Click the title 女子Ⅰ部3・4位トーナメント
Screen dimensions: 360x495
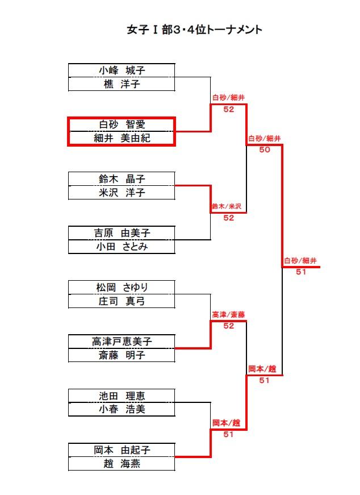pyautogui.click(x=194, y=30)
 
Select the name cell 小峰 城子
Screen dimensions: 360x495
pyautogui.click(x=122, y=70)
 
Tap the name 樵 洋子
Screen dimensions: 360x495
pyautogui.click(x=122, y=84)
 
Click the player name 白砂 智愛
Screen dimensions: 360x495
pyautogui.click(x=122, y=124)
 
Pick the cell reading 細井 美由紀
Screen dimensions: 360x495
pyautogui.click(x=122, y=138)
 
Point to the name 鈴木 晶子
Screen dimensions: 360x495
pyautogui.click(x=122, y=178)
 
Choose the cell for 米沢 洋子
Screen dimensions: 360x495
pyautogui.click(x=122, y=192)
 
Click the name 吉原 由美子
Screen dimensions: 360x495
pyautogui.click(x=122, y=233)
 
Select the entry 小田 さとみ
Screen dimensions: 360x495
pyautogui.click(x=122, y=247)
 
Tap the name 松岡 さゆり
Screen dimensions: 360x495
pyautogui.click(x=122, y=287)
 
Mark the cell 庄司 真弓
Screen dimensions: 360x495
pyautogui.click(x=122, y=301)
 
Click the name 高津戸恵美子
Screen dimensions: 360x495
pyautogui.click(x=122, y=342)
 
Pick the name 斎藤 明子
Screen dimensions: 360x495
pyautogui.click(x=122, y=355)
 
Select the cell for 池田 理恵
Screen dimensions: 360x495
pyautogui.click(x=122, y=396)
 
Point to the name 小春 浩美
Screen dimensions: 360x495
pyautogui.click(x=122, y=409)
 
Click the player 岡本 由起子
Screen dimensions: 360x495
pyautogui.click(x=122, y=450)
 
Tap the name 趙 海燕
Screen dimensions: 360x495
pyautogui.click(x=122, y=464)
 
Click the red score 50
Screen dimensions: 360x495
pyautogui.click(x=265, y=149)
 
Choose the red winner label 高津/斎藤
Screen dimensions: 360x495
pyautogui.click(x=228, y=315)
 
